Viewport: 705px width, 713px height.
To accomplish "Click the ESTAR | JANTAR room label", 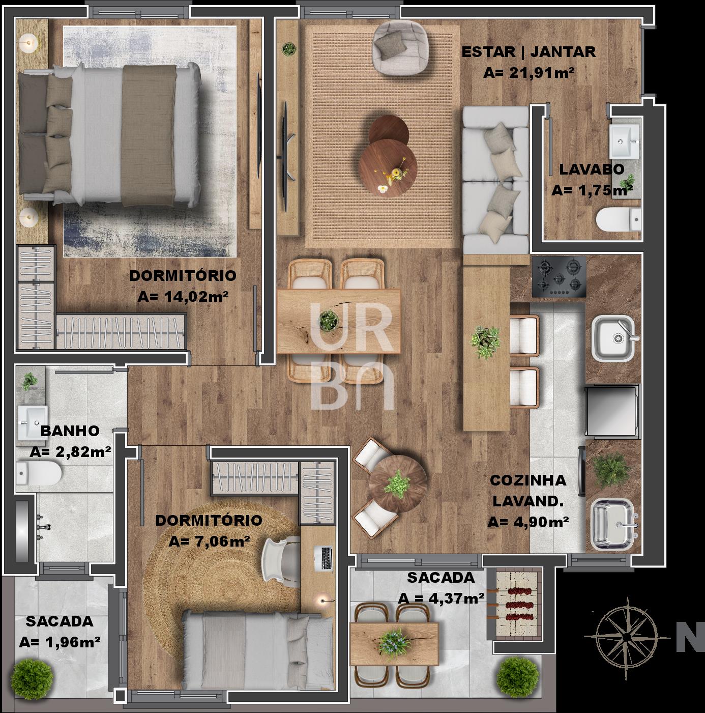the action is pyautogui.click(x=528, y=52).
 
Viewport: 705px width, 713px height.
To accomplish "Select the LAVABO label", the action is pyautogui.click(x=592, y=169).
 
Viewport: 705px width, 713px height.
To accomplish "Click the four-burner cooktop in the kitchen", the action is pyautogui.click(x=559, y=276).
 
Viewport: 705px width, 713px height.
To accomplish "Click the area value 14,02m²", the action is pyautogui.click(x=183, y=296).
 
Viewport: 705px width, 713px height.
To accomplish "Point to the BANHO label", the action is pyautogui.click(x=70, y=431).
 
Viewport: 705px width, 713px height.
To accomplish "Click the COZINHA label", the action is pyautogui.click(x=528, y=480).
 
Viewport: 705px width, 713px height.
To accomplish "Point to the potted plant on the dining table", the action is pyautogui.click(x=329, y=320).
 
